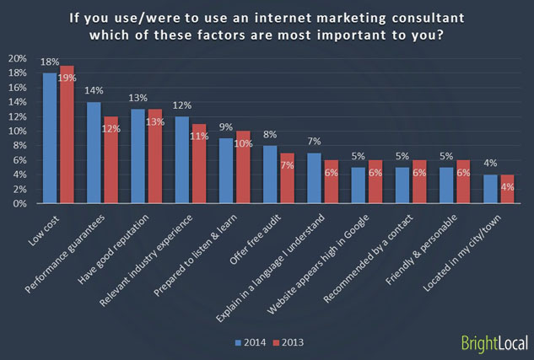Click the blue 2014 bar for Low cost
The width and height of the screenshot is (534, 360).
pyautogui.click(x=50, y=138)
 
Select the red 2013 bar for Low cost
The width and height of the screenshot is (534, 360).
pyautogui.click(x=67, y=135)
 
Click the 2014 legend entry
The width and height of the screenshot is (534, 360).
pyautogui.click(x=249, y=343)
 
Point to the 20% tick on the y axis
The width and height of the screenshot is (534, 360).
pyautogui.click(x=17, y=59)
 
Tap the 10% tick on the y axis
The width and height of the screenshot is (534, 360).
pyautogui.click(x=17, y=132)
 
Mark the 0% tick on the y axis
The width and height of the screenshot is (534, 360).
pyautogui.click(x=19, y=204)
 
